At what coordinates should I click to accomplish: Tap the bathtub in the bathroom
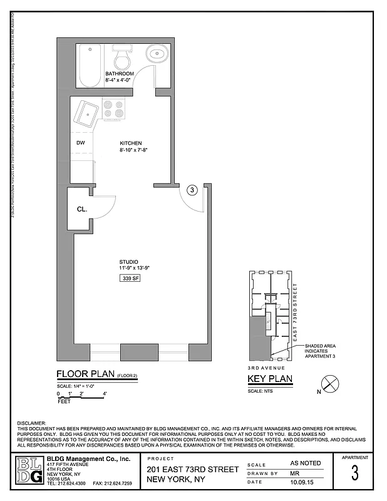88,66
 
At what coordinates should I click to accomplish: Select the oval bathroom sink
156,54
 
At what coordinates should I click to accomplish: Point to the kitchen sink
85,114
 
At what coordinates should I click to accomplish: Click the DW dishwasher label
80,143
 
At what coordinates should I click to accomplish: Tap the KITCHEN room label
131,143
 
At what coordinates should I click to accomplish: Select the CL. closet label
81,210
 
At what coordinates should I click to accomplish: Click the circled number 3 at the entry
192,190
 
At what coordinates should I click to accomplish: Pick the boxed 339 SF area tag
131,278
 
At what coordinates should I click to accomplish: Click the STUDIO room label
128,262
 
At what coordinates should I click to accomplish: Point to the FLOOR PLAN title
85,375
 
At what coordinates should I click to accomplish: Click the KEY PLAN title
270,380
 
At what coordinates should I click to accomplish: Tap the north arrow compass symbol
329,384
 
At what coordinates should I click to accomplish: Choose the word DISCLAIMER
31,423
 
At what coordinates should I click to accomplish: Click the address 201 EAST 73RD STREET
193,470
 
